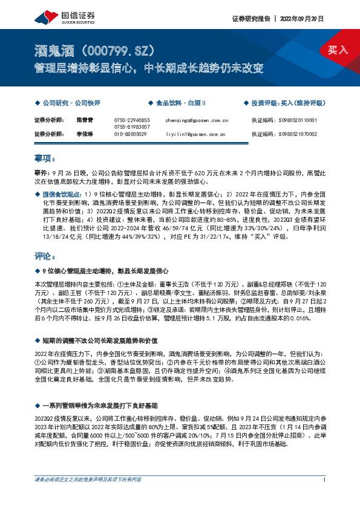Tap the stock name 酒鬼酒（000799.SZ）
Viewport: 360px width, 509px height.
(x=97, y=49)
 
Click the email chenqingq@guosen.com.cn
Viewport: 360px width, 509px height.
(x=196, y=120)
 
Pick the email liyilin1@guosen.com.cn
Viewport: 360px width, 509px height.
(x=195, y=134)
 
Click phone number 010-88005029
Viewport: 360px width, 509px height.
(x=130, y=134)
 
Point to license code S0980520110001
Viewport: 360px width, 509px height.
(x=297, y=120)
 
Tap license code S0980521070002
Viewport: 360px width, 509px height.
(x=297, y=134)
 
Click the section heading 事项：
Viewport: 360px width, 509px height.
(x=44, y=158)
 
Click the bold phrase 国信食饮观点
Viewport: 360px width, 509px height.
(x=61, y=195)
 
